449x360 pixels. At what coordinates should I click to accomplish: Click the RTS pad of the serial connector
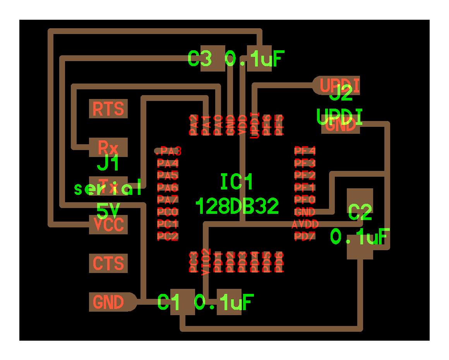[108, 109]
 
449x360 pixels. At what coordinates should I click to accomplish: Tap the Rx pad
[108, 147]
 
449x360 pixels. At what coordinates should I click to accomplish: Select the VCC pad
[108, 225]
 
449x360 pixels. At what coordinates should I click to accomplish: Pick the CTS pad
[108, 263]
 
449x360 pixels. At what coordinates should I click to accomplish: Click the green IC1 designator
[236, 182]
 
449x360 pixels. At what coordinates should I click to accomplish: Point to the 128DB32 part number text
[237, 206]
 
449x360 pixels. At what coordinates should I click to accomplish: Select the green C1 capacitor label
[169, 302]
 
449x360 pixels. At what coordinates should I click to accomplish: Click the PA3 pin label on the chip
[168, 150]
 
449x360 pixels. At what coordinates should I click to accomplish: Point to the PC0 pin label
[168, 212]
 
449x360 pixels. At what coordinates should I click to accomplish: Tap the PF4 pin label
[305, 150]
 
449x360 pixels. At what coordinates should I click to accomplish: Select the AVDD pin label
[305, 224]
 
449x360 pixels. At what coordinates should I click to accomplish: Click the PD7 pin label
[305, 236]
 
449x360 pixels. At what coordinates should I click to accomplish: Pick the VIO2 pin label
[206, 262]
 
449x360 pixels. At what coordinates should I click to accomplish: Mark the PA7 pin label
[168, 200]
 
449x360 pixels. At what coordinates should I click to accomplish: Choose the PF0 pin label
[305, 200]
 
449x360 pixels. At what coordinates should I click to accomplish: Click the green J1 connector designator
[108, 164]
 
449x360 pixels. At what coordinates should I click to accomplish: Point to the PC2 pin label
[168, 236]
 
